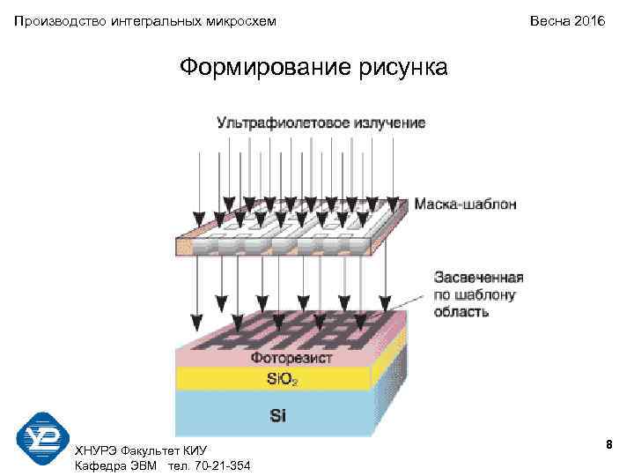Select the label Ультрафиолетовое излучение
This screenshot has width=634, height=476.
pos(321,123)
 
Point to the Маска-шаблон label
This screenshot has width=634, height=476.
pos(465,204)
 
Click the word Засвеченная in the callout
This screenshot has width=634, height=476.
pos(477,277)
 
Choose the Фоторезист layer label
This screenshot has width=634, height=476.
pos(291,359)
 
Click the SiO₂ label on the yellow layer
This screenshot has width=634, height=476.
pos(283,380)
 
